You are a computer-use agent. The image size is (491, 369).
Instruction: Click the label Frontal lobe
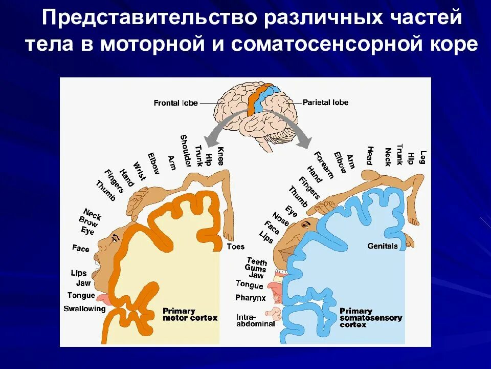[176, 103]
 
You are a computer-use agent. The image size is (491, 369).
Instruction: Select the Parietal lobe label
[325, 102]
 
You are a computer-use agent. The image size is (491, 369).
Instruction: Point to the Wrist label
[139, 171]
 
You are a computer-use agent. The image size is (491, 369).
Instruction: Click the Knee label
[220, 155]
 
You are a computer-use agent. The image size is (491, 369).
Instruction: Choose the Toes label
[235, 247]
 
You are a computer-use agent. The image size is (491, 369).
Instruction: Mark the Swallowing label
[84, 309]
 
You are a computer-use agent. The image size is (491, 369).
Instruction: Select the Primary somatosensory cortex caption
[371, 317]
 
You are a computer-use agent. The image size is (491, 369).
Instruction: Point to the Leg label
[423, 156]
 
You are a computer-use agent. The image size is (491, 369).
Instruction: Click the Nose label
[280, 219]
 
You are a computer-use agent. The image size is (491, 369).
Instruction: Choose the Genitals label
[383, 246]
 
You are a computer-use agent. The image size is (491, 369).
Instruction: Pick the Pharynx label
[251, 298]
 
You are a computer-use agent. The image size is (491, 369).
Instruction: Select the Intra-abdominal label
[256, 320]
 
